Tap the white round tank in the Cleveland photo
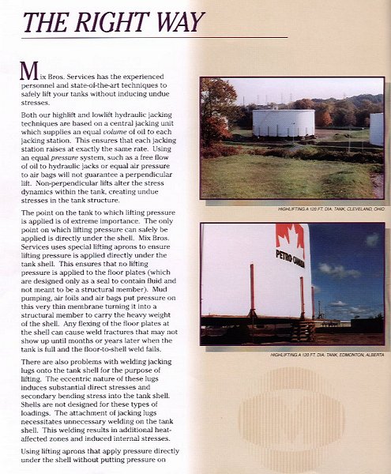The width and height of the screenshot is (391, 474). click(x=283, y=122)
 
